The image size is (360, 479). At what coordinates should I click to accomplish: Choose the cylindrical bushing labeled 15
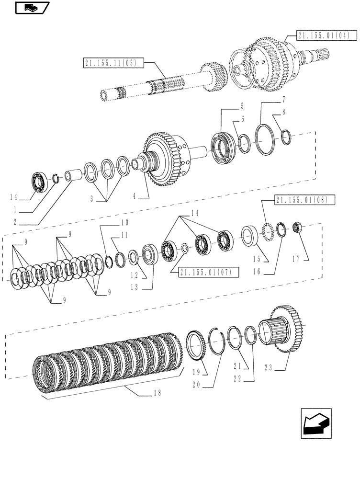coord(251,237)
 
